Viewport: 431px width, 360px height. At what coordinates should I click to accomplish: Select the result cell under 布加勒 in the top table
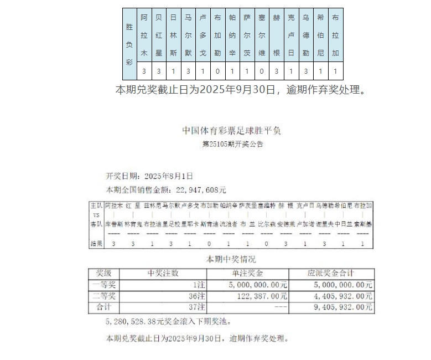click(217, 71)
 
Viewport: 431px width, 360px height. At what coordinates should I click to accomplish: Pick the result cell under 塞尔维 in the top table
click(262, 71)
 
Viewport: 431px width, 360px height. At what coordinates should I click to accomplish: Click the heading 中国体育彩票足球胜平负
click(232, 131)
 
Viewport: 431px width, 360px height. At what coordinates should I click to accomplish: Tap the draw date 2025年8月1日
click(168, 176)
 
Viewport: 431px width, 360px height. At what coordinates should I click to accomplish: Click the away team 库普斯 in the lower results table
click(113, 224)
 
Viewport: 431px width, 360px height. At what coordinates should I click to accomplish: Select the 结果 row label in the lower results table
click(96, 244)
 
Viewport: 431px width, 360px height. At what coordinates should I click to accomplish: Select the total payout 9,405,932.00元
click(344, 307)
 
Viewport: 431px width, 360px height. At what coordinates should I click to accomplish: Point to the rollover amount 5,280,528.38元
click(134, 321)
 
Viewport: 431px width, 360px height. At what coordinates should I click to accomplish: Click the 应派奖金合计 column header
click(331, 273)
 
